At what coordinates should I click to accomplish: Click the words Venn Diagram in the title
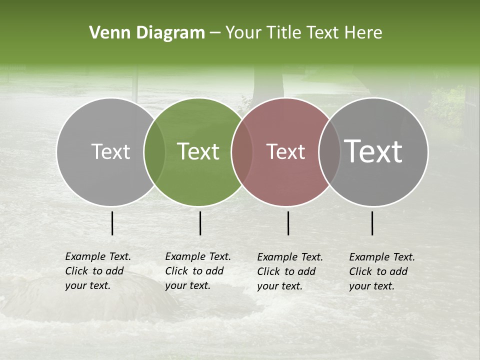(146, 33)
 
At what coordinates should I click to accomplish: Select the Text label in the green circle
(198, 151)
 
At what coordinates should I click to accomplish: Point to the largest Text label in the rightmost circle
(373, 151)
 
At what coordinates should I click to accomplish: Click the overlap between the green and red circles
(242, 152)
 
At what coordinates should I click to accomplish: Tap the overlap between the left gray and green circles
(154, 152)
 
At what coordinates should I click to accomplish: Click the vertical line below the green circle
(200, 223)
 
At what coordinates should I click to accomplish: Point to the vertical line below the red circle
(288, 223)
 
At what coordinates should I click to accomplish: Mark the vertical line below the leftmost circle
(112, 223)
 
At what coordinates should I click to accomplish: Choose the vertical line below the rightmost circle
(372, 223)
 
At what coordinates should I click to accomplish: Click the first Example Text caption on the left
(98, 256)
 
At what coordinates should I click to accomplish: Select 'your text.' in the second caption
(187, 285)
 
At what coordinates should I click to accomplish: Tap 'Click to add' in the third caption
(286, 271)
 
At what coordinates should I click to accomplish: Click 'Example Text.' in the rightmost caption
(382, 257)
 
